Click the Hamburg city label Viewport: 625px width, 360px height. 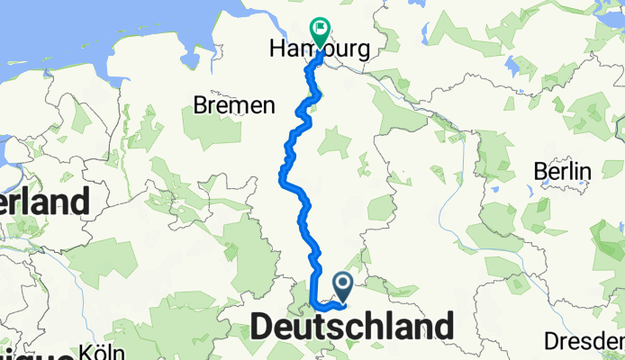pos(320,51)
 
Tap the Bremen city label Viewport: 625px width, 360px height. pos(234,106)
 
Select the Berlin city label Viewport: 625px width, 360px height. pos(561,171)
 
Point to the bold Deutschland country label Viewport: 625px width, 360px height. pos(352,327)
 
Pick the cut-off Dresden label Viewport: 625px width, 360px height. pos(584,341)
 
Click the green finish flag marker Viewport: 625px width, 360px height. pos(320,30)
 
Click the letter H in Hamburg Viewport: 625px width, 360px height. pos(276,51)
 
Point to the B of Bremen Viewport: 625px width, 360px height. pos(200,106)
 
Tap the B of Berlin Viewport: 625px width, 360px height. pos(537,171)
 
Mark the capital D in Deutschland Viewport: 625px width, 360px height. pos(262,327)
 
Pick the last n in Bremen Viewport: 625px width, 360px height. pos(267,106)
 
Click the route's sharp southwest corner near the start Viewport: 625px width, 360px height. pos(312,303)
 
